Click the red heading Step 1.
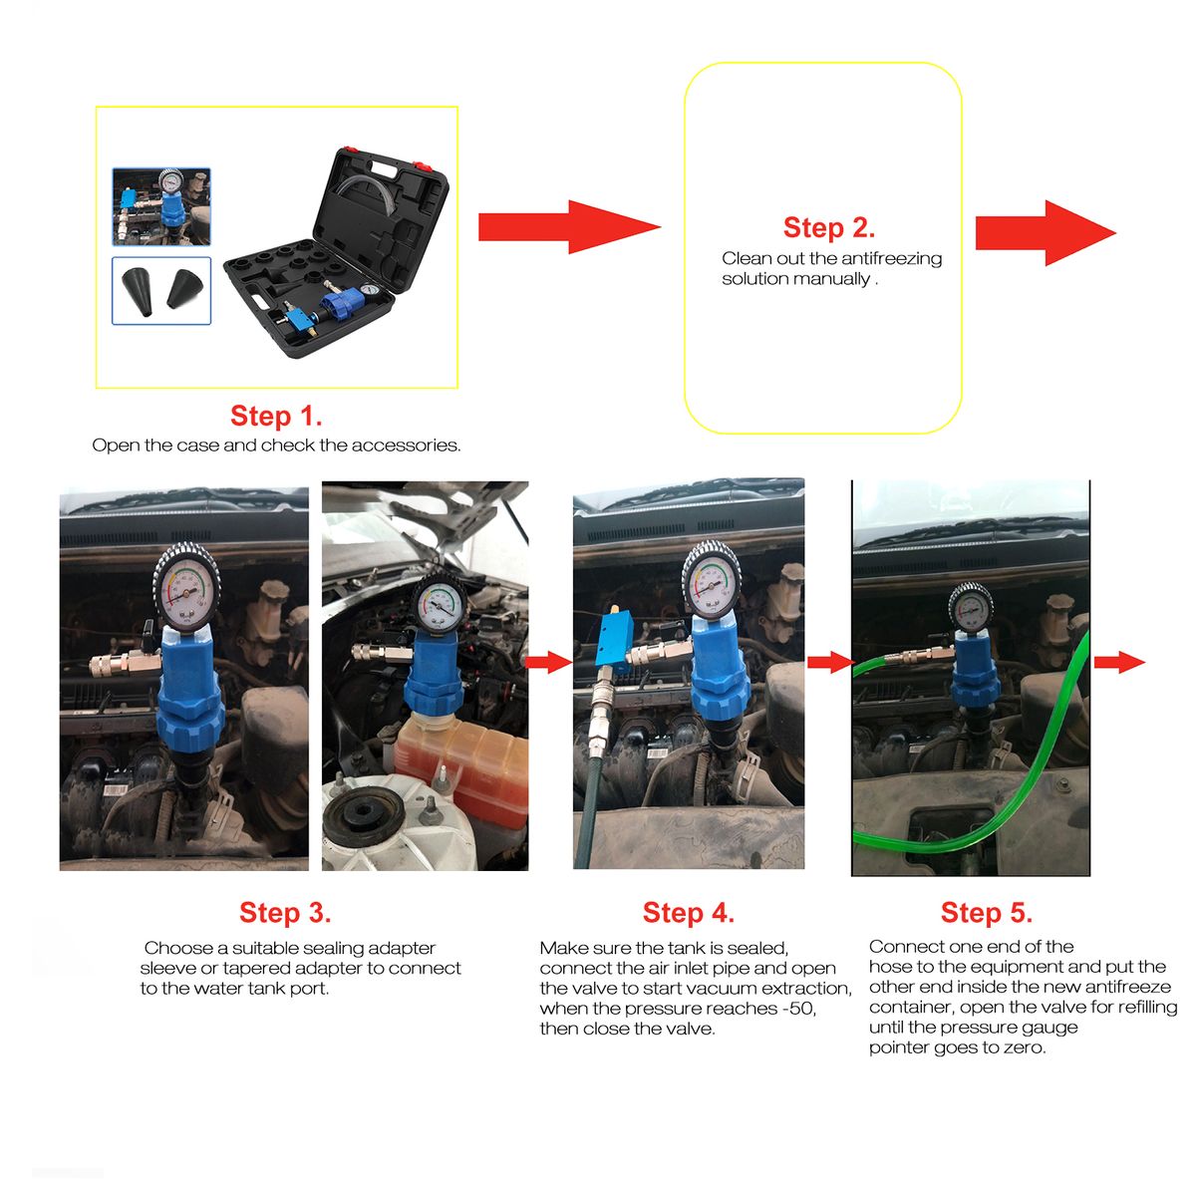coord(276,416)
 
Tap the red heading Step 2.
coord(828,228)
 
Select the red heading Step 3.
coord(285,913)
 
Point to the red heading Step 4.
coord(689,913)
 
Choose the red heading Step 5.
coord(987,913)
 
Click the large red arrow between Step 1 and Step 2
coord(569,227)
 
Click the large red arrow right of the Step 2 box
coord(1046,233)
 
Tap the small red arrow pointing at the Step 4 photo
coord(548,662)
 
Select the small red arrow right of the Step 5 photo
coord(1119,662)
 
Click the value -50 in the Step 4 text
coord(798,1009)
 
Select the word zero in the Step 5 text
coord(1029,1048)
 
